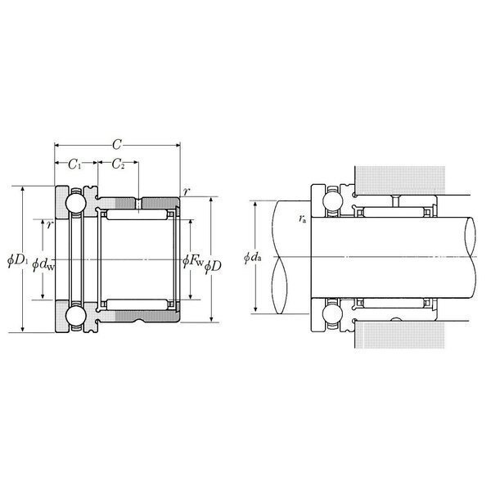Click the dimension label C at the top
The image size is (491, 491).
117,142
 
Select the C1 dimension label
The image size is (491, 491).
74,164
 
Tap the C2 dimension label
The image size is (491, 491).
118,164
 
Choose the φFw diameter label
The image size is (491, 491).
193,260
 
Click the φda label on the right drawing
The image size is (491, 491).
253,259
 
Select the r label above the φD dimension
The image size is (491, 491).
187,191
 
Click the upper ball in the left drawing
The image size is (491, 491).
74,202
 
